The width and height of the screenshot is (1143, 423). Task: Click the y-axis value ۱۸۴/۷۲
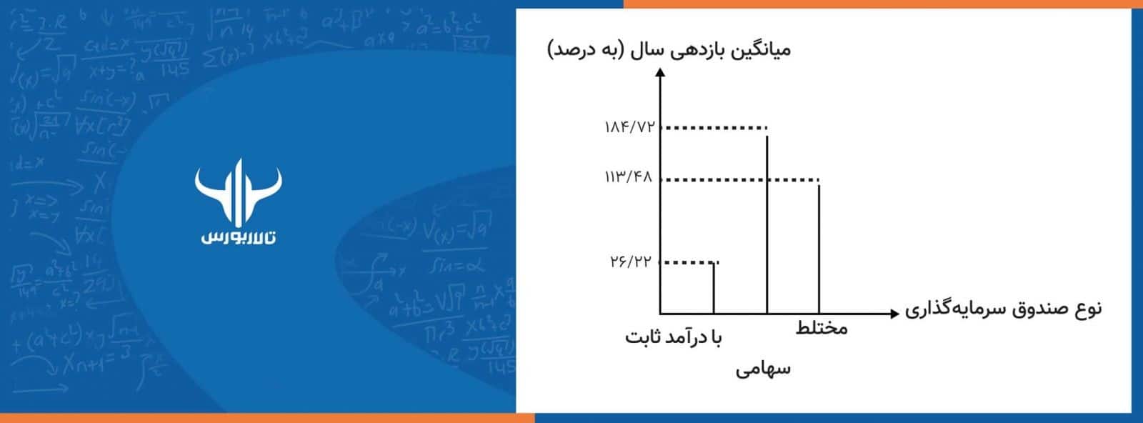coord(629,129)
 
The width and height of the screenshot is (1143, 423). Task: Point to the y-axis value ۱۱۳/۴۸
coord(629,177)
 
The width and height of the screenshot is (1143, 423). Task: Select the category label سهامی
coord(763,369)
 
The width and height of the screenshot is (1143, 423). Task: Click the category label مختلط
coord(822,329)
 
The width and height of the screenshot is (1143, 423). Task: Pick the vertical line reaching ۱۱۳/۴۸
coord(819,250)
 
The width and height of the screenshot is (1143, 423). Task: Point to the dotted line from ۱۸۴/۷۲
coord(714,129)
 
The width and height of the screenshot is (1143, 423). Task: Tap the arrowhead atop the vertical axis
coord(660,72)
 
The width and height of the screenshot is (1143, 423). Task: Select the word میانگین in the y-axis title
coord(762,51)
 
